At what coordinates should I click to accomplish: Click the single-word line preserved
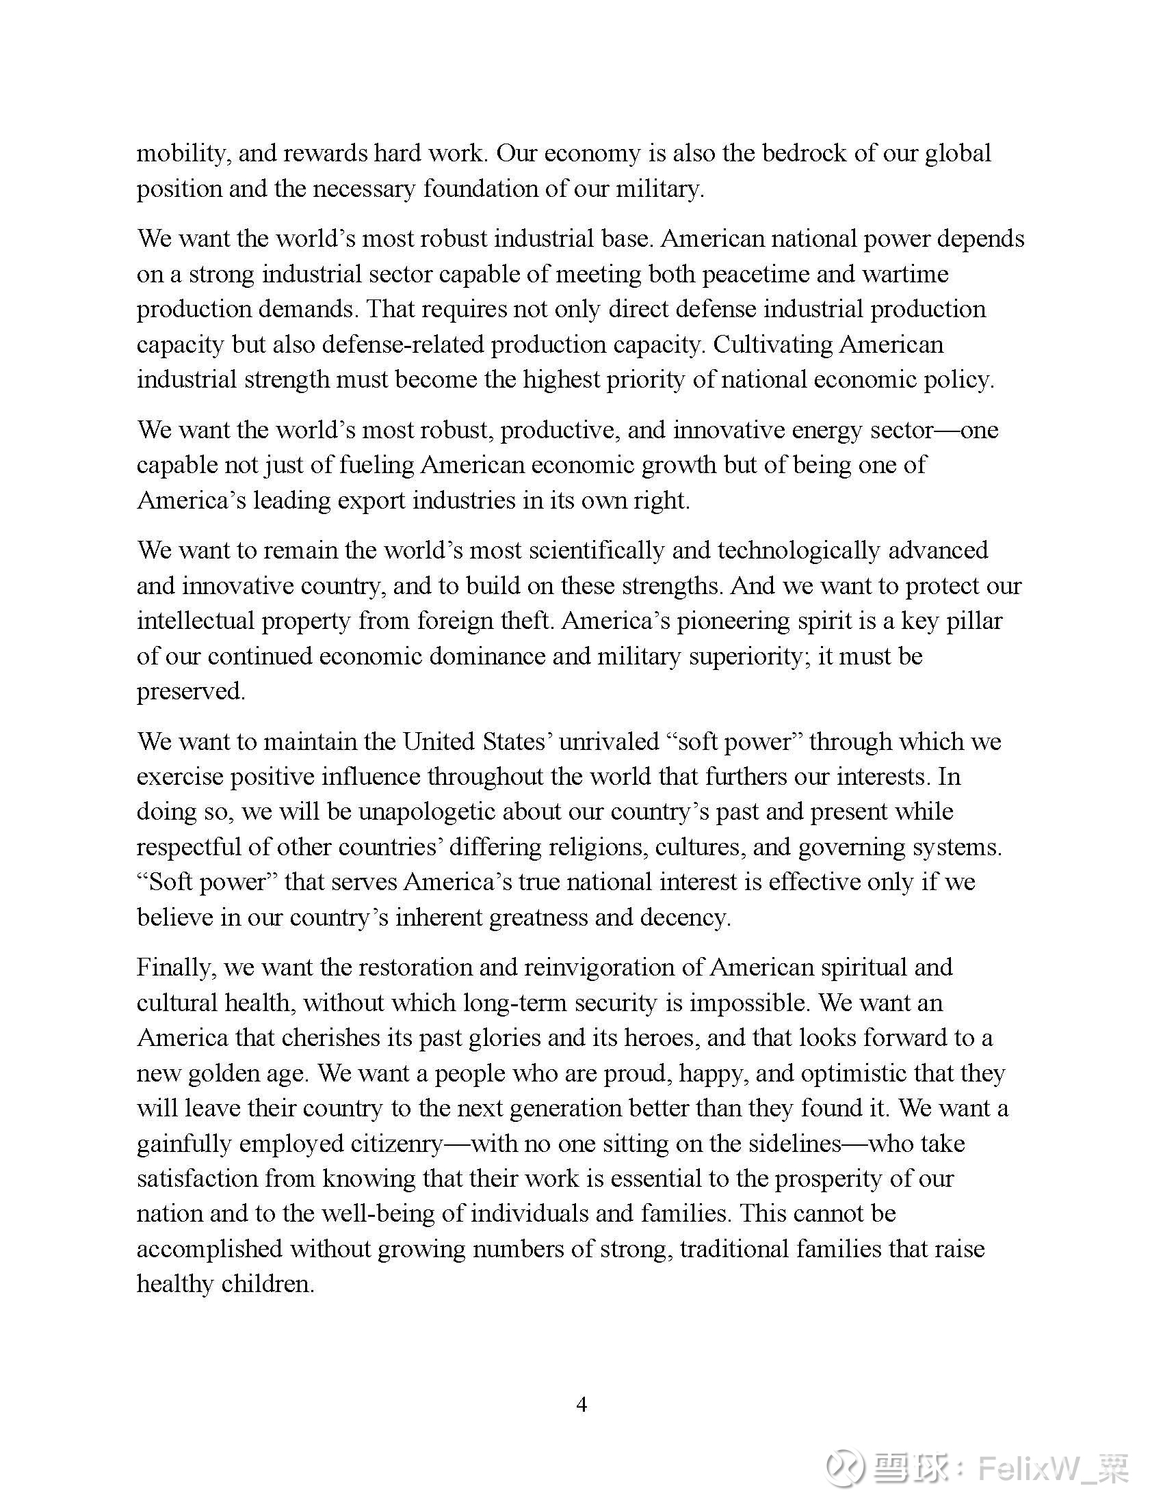coord(191,690)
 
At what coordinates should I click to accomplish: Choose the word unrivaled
coord(608,741)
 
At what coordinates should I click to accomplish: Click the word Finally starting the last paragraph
coord(175,967)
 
